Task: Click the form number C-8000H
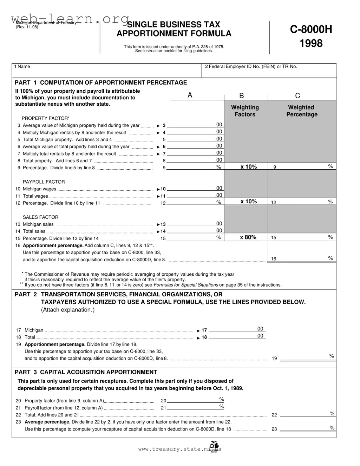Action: pos(311,29)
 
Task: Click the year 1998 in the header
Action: pos(311,44)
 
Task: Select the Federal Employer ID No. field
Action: pos(269,71)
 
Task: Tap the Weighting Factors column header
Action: pos(245,111)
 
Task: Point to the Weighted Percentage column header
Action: pos(301,111)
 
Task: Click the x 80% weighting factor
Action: pos(248,237)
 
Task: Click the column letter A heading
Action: pos(190,95)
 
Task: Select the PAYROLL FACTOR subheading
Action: pos(44,182)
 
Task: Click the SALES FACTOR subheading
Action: pos(40,217)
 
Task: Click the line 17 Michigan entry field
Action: pos(234,330)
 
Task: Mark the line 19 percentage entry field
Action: pos(306,358)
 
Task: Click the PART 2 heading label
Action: pos(26,295)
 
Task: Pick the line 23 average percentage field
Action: pos(306,428)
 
